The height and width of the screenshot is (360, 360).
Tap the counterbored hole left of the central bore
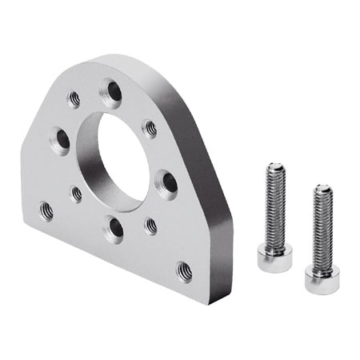point(61,140)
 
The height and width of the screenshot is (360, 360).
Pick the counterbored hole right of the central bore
point(166,183)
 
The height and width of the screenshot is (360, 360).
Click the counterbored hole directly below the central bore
point(115,229)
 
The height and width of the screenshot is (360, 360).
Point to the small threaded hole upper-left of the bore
point(74,99)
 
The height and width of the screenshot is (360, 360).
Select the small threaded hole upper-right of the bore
point(150,128)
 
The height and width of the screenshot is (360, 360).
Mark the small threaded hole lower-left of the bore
point(76,194)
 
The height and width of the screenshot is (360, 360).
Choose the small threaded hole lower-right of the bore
point(151,226)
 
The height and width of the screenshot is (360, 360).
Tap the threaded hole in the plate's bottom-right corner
point(184,272)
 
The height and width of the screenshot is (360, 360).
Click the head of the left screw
point(274,258)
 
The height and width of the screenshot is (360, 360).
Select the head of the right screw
point(322,278)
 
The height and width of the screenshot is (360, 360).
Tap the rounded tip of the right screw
point(322,190)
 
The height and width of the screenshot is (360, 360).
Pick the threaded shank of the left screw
point(274,208)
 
